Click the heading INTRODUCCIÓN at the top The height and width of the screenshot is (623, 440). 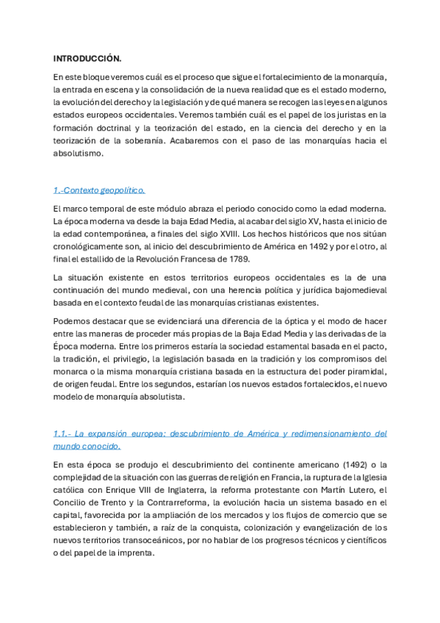pyautogui.click(x=87, y=57)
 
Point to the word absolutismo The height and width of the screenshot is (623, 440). pyautogui.click(x=79, y=154)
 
